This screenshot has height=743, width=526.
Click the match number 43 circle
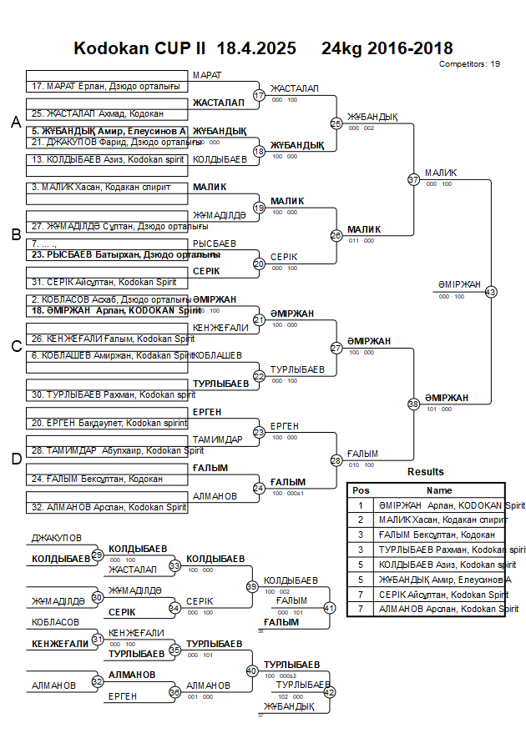(x=490, y=292)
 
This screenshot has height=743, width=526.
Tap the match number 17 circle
(x=259, y=96)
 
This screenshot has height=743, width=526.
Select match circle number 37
(x=413, y=179)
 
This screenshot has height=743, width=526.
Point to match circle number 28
(x=336, y=460)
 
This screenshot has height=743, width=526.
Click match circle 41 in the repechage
(x=329, y=608)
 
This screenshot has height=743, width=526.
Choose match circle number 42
(x=329, y=692)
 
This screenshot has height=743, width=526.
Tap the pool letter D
(x=15, y=459)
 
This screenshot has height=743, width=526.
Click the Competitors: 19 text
(x=469, y=63)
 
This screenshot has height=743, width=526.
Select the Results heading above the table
(x=426, y=472)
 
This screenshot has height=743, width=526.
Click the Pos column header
(x=361, y=490)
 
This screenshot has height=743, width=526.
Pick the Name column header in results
(x=439, y=490)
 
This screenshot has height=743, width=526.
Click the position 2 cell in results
(x=361, y=520)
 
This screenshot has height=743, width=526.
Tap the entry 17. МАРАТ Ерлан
(x=105, y=86)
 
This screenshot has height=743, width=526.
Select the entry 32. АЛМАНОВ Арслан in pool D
(x=109, y=507)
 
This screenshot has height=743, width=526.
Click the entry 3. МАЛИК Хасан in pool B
(x=100, y=188)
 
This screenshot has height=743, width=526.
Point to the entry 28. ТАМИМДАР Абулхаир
(x=114, y=450)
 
